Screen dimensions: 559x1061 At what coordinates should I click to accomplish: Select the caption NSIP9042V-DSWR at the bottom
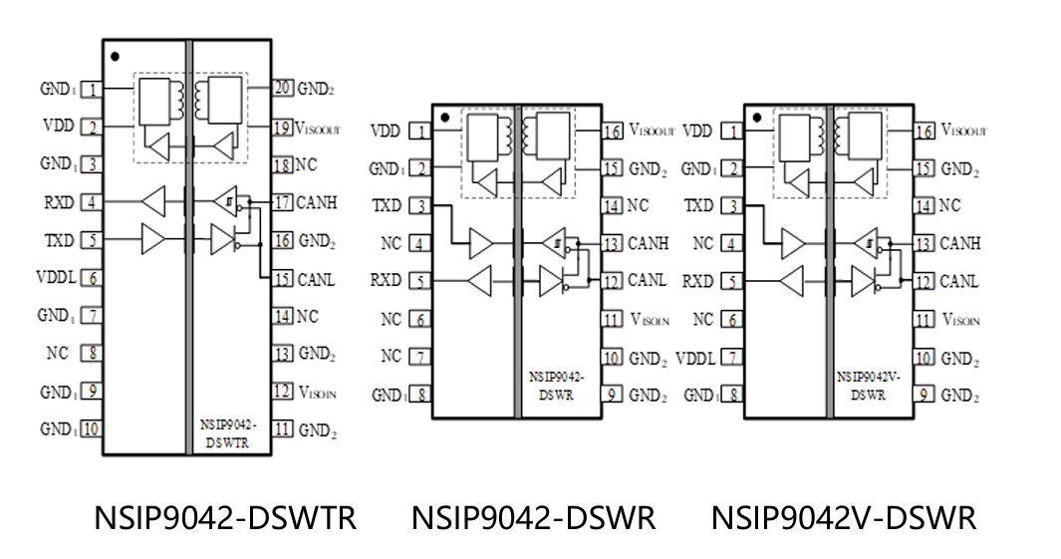coord(843,519)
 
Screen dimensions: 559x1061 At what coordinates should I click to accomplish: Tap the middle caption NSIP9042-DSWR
coord(533,519)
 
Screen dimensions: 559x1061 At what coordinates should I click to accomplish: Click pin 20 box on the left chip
coord(283,89)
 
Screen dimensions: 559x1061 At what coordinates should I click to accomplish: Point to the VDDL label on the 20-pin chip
coord(55,277)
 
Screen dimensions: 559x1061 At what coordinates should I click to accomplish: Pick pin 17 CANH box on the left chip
coord(283,202)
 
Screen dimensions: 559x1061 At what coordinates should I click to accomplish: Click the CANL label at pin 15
coord(316,279)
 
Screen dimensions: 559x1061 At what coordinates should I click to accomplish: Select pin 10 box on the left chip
coord(92,429)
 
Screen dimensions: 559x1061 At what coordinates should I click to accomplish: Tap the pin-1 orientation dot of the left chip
coord(116,56)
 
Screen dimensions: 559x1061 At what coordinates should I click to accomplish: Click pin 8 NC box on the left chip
coord(92,353)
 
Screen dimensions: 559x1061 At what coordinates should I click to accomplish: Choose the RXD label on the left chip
coord(58,202)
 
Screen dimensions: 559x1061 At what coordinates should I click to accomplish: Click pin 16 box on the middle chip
coord(613,131)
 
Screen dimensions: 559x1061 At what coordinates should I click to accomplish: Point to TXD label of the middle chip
coord(387,205)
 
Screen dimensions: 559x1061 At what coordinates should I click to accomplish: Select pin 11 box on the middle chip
coord(613,320)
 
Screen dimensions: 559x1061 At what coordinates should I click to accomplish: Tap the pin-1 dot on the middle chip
coord(443,118)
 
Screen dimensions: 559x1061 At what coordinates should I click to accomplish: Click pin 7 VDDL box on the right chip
coord(734,358)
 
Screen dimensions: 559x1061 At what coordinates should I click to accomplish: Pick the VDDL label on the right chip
coord(695,358)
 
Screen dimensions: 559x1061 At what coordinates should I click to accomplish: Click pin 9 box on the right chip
coord(926,395)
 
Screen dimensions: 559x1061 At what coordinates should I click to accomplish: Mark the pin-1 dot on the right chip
coord(757,118)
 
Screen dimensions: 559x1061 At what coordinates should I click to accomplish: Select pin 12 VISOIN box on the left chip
coord(283,392)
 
